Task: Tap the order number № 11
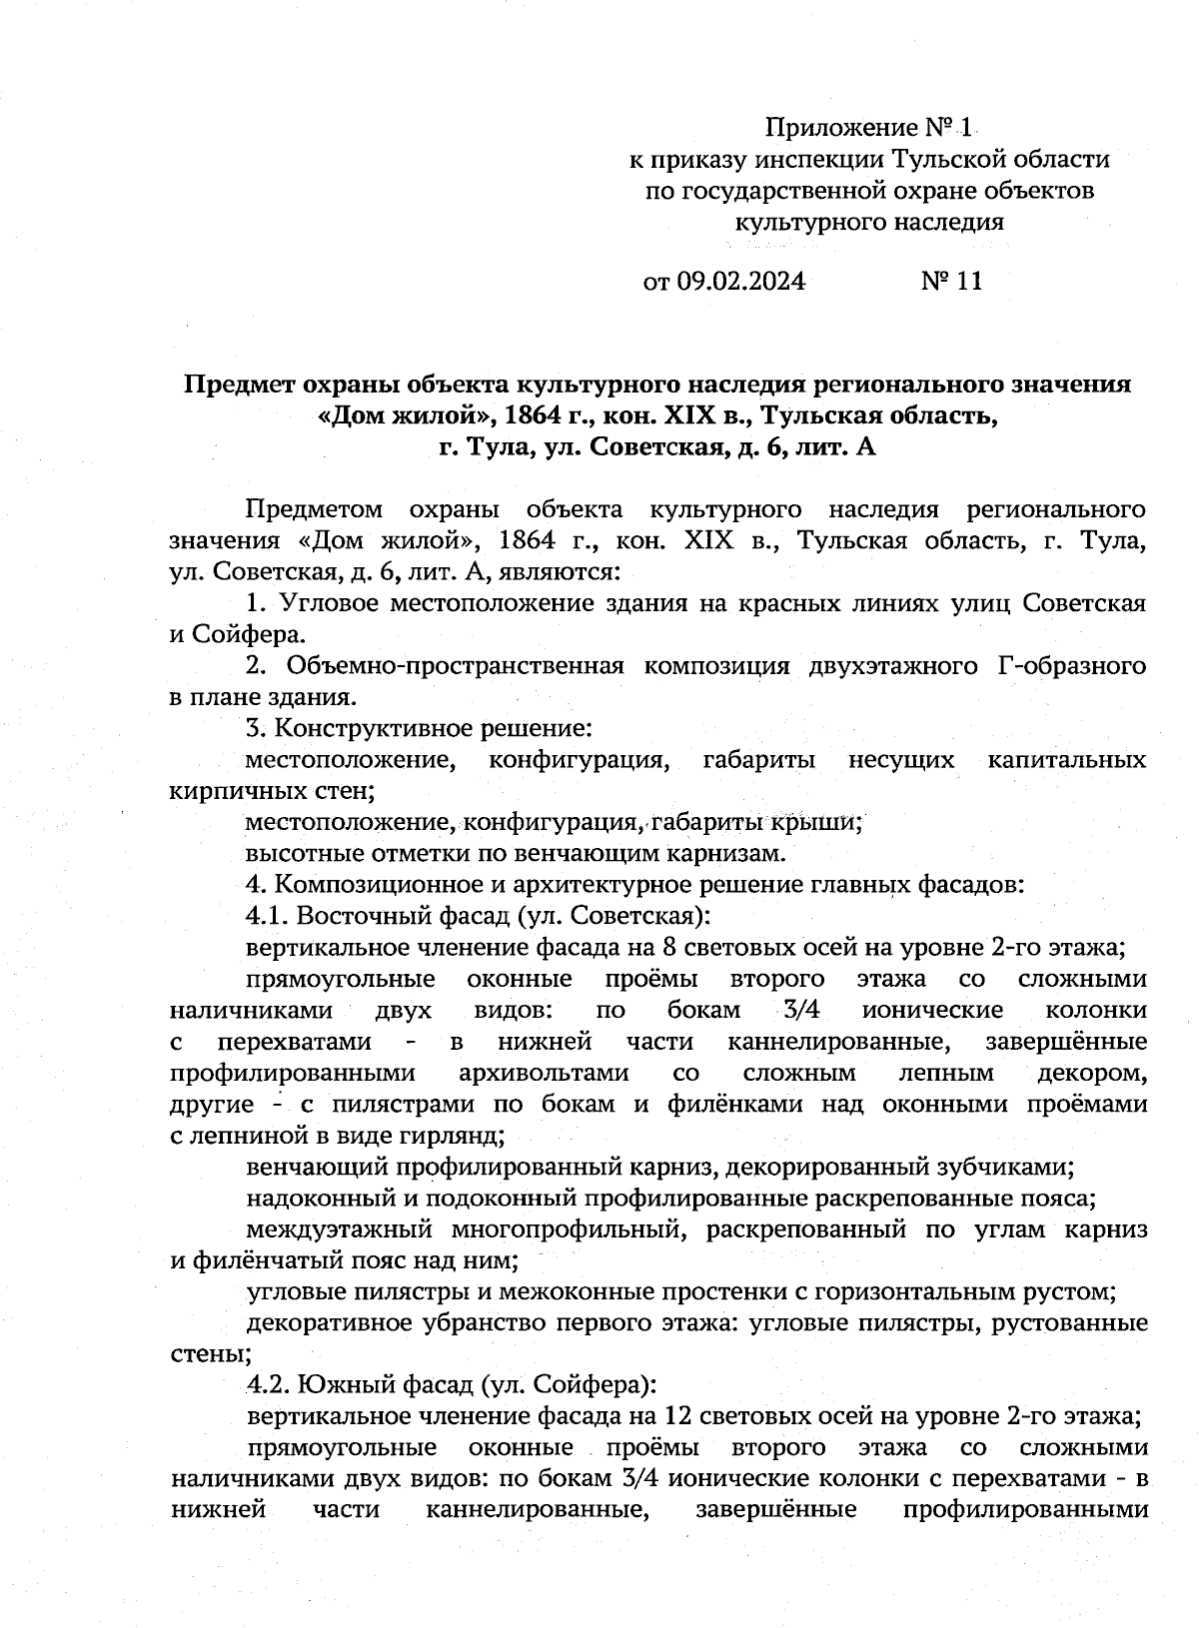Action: tap(951, 282)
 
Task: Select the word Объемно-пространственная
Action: tap(455, 666)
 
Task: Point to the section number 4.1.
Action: tap(267, 916)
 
